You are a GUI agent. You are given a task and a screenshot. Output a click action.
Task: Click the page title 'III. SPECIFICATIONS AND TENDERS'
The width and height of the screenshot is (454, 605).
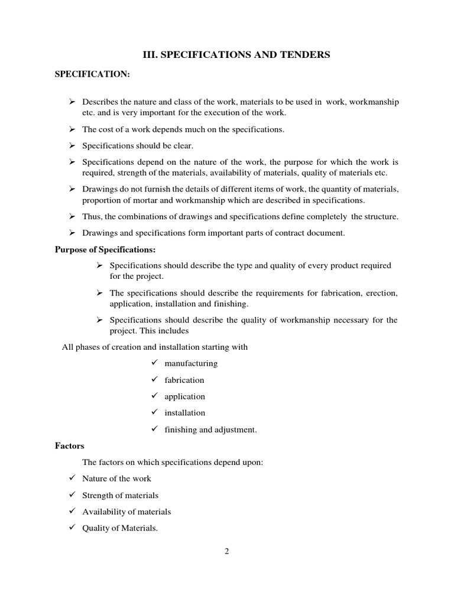tap(236, 54)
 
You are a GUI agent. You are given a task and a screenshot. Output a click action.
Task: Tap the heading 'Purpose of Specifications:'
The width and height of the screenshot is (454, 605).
tap(105, 249)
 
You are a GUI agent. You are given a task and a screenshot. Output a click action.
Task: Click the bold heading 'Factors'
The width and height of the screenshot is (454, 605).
tap(69, 445)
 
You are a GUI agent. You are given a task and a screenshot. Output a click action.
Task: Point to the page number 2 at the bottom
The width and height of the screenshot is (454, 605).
tap(226, 551)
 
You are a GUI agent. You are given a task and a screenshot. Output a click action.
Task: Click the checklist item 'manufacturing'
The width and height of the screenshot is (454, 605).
tap(191, 363)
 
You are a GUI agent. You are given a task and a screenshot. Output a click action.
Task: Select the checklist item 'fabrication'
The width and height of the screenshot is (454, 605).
tap(184, 380)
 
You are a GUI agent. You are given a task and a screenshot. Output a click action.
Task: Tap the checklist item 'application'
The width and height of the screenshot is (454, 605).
tap(185, 396)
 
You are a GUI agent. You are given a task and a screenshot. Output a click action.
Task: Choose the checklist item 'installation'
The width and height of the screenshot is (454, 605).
tap(185, 413)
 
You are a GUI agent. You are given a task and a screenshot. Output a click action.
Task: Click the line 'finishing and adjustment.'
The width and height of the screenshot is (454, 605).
tap(210, 430)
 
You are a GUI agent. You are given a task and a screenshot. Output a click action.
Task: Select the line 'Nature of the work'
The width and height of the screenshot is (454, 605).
tap(116, 479)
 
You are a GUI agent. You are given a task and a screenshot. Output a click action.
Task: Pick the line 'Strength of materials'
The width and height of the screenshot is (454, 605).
tap(120, 495)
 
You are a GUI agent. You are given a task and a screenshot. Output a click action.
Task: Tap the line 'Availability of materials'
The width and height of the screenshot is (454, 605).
tap(127, 512)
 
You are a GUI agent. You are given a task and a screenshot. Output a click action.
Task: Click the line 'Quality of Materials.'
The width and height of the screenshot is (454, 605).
tap(120, 528)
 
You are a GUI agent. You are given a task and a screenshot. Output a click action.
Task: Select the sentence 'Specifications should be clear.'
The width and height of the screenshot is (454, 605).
tap(138, 145)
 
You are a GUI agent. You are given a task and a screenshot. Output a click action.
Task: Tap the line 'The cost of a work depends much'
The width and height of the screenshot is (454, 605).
tap(183, 129)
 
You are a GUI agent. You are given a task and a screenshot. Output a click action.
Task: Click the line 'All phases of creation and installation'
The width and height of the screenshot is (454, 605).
tap(155, 347)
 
